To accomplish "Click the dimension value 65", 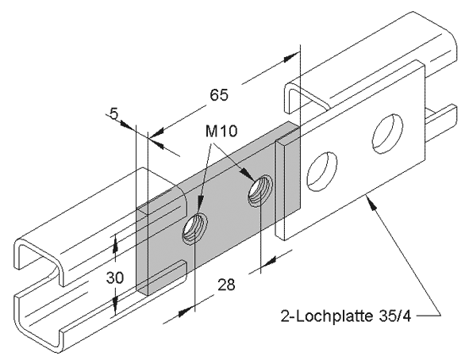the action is click(x=219, y=95).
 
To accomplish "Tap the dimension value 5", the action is click(x=114, y=113).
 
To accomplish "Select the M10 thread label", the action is click(x=221, y=131).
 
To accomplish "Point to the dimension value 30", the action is click(x=115, y=278).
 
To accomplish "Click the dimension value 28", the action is click(x=226, y=285).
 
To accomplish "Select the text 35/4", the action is click(x=395, y=316).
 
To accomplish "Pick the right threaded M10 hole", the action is click(x=260, y=191).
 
